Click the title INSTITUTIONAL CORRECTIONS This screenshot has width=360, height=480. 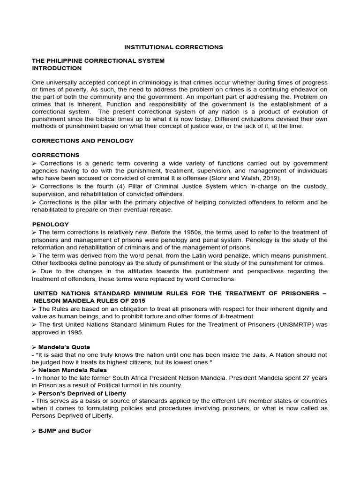point(173,47)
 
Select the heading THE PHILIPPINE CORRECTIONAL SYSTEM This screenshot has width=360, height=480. point(98,61)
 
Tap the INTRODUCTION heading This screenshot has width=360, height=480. point(56,68)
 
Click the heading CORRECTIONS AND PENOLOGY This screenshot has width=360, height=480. point(82,141)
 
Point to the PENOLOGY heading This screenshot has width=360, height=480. point(50,225)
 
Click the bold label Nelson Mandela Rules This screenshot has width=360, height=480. point(73,370)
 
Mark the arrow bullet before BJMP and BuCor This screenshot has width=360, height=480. point(34,431)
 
